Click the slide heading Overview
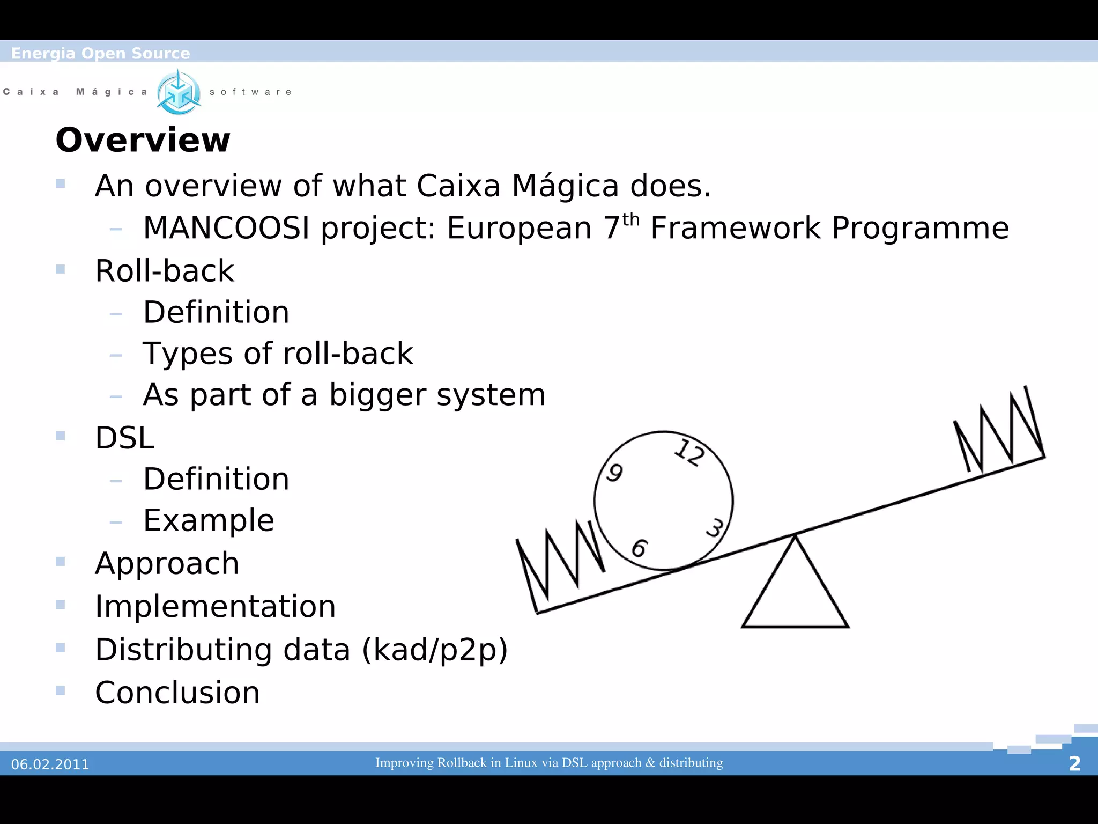(143, 140)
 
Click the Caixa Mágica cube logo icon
(179, 92)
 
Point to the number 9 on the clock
(615, 473)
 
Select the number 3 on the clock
(715, 528)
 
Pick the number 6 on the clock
(640, 548)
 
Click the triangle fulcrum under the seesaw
(795, 590)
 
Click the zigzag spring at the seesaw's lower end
(560, 563)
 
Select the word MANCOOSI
(226, 228)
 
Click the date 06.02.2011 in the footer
(50, 764)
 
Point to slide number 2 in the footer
(1074, 763)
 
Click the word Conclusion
(177, 693)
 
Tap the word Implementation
(215, 607)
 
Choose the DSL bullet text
(125, 438)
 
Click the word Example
(209, 520)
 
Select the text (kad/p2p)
(435, 650)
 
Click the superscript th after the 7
(631, 220)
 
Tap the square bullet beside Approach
(60, 562)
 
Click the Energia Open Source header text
(100, 53)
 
